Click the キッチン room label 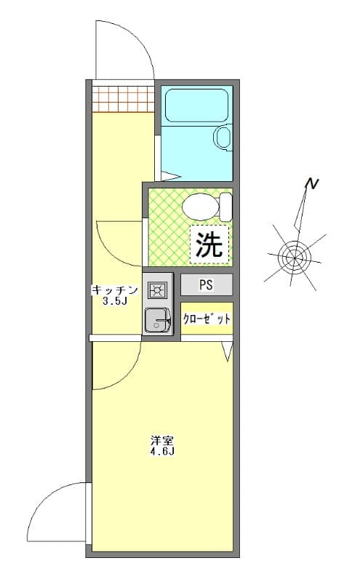coord(114,290)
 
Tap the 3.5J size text coord(115,300)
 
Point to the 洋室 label coord(161,440)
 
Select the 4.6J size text coord(161,451)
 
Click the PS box coord(207,284)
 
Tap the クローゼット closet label coord(207,319)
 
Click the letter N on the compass coord(311,185)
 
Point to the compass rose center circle coord(295,255)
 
